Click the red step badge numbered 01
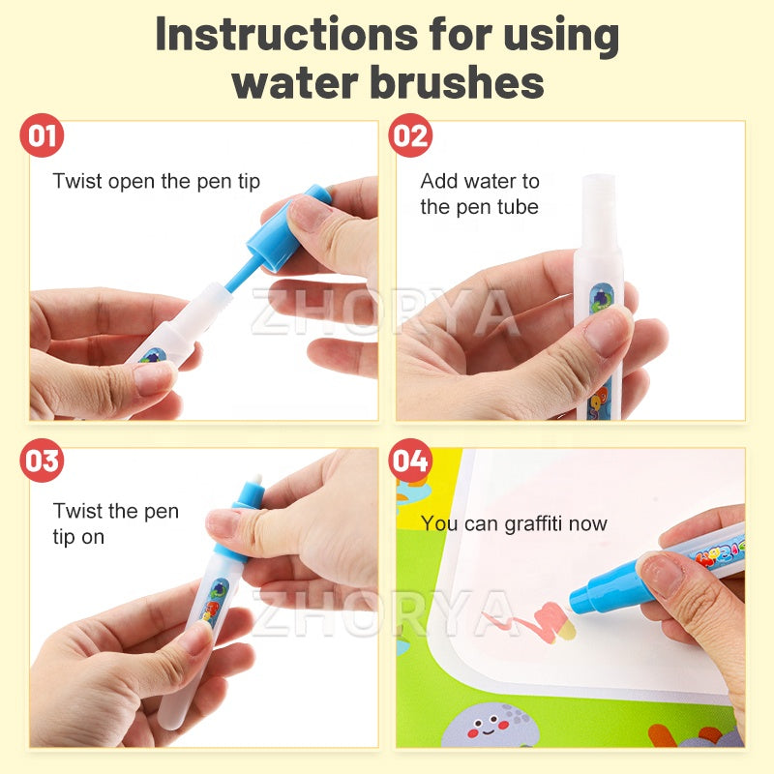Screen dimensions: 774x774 (42, 135)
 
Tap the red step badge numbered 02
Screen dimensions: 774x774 (410, 135)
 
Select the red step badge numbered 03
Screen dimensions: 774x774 (42, 461)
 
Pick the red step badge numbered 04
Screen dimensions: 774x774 (410, 461)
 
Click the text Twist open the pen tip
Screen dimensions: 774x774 (156, 181)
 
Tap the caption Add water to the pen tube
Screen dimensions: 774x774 (480, 193)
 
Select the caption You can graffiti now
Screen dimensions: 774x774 (514, 523)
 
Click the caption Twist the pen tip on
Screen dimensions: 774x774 (115, 523)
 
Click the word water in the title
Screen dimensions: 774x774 (296, 82)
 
